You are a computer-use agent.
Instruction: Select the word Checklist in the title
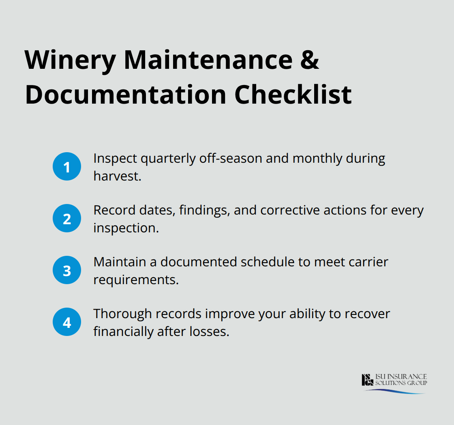(293, 96)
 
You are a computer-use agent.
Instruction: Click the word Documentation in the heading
(125, 96)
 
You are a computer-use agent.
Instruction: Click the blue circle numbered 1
(67, 167)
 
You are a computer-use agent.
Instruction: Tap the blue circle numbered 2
(67, 219)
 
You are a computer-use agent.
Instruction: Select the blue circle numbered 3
(67, 270)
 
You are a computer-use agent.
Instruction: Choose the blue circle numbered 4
(67, 322)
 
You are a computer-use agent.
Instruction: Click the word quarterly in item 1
(167, 159)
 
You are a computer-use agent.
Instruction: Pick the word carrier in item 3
(364, 262)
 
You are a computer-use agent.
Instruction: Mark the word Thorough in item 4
(122, 314)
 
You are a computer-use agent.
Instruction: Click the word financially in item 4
(122, 331)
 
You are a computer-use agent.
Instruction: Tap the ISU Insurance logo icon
(367, 380)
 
